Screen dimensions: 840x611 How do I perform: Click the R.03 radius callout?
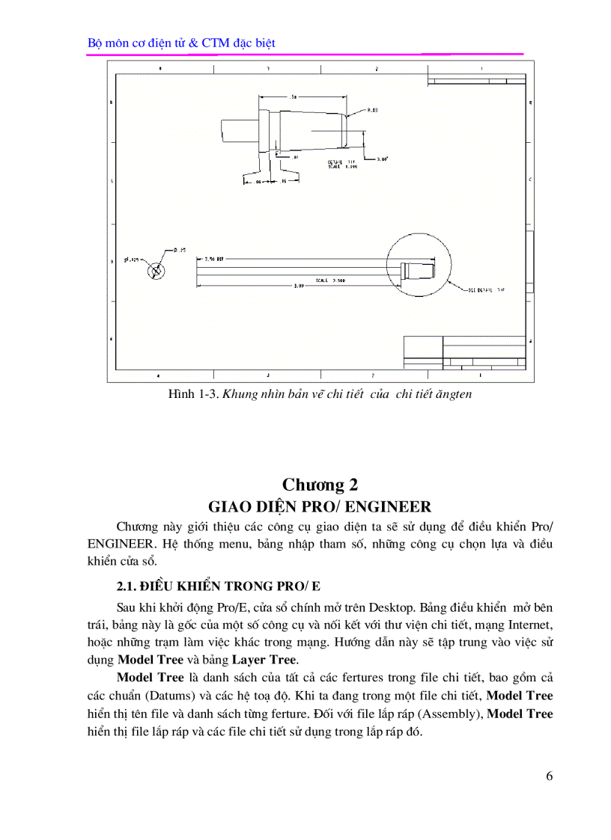[372, 110]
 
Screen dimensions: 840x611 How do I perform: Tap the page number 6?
[550, 776]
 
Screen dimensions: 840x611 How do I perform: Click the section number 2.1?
[127, 584]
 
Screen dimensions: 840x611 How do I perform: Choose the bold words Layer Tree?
[264, 659]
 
